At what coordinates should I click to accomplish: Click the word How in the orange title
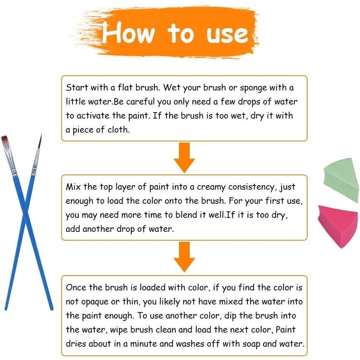pos(128,32)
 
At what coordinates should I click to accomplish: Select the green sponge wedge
pos(341,180)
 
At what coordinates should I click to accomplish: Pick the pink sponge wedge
pos(338,227)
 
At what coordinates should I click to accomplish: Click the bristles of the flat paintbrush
pos(5,140)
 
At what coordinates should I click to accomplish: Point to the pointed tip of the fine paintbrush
pos(41,134)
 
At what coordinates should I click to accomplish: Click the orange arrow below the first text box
pos(184,158)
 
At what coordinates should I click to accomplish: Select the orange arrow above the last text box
pos(184,257)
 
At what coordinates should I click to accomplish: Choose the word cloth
pos(118,129)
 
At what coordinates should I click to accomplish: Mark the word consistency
pos(251,187)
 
